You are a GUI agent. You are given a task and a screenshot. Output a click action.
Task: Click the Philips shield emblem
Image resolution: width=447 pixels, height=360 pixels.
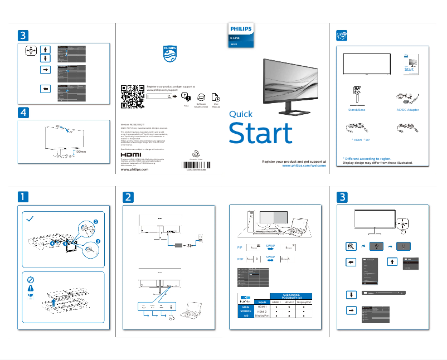[169, 55]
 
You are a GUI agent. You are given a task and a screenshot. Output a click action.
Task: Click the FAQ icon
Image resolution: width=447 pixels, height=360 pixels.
[186, 97]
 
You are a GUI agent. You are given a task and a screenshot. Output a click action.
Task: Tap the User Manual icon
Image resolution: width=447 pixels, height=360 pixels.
[216, 97]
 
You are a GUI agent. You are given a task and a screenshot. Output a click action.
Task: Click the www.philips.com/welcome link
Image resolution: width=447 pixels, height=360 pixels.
[304, 166]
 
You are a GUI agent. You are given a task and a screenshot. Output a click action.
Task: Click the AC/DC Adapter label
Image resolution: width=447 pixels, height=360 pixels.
[407, 110]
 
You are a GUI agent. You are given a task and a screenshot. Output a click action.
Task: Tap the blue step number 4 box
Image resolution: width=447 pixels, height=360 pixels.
[22, 112]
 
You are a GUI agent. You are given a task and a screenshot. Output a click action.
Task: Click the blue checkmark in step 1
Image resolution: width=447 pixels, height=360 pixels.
[31, 220]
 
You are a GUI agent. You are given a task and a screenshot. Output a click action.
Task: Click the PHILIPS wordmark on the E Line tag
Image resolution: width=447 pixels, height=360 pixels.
[241, 28]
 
